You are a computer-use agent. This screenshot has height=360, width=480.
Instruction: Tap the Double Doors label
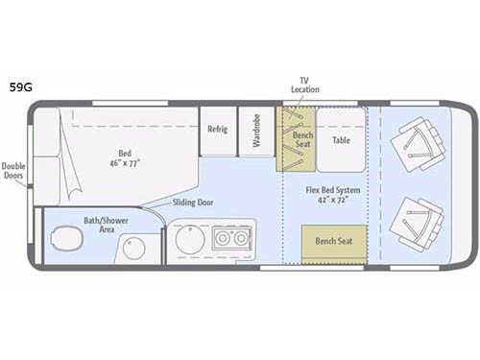tap(14, 170)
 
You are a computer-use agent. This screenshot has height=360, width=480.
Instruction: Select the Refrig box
tap(218, 130)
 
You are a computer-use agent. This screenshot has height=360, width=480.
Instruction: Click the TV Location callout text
tap(305, 84)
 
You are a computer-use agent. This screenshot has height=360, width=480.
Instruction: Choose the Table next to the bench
tap(342, 139)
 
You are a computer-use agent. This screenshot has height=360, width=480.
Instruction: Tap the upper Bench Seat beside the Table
tap(296, 139)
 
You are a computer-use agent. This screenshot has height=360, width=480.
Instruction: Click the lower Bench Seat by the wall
tap(334, 241)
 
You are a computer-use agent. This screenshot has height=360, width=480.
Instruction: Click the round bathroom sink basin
tap(134, 249)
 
